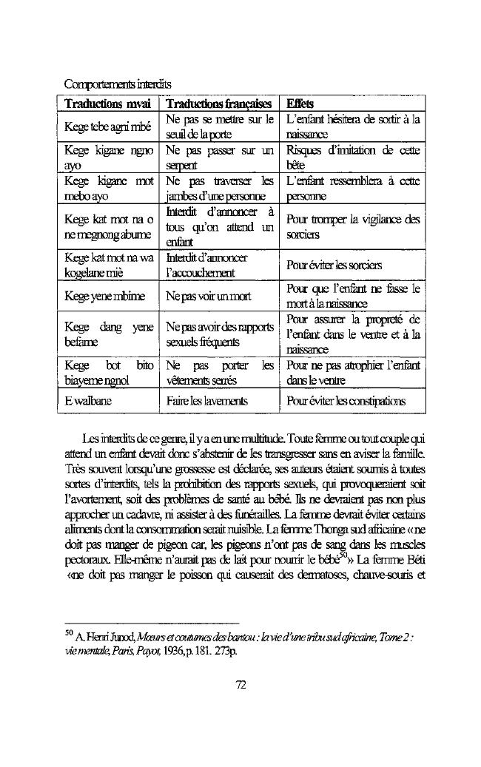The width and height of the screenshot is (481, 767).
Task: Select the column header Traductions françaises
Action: [x=218, y=104]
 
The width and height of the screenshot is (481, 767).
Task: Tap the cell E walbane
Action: [x=88, y=401]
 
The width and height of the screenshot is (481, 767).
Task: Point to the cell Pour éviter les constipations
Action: [x=345, y=401]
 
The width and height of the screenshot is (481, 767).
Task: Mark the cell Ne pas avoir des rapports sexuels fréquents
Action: [x=220, y=334]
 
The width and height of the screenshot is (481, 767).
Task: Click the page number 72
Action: [x=240, y=684]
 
